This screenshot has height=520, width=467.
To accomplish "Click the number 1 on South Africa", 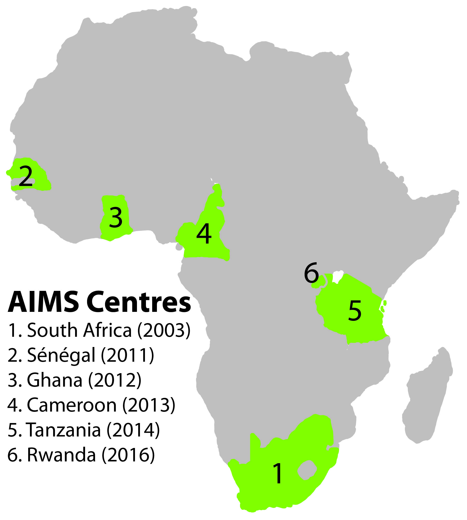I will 278,473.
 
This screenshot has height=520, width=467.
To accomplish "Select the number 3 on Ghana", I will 116,218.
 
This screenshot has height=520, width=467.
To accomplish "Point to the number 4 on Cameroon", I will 204,234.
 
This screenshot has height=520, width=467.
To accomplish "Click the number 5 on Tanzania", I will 355,311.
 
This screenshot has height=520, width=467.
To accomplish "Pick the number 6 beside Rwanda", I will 311,273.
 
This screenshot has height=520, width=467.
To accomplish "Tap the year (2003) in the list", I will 164,331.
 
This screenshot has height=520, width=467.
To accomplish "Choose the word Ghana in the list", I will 55,380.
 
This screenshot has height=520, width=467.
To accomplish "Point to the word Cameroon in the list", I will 72,405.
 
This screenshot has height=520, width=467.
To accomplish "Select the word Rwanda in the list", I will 61,455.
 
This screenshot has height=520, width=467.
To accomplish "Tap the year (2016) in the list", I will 128,455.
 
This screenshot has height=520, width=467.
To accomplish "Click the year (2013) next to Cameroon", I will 149,405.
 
